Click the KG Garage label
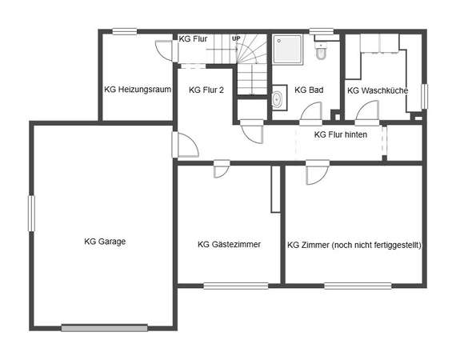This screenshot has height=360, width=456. coord(105,242)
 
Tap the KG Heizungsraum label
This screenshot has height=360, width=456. coord(138,90)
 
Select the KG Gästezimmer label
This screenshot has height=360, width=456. coord(229,244)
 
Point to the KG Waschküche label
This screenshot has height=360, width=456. coord(378,90)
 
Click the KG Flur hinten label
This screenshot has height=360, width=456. coord(341,134)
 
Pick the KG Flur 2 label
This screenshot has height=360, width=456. coord(206,90)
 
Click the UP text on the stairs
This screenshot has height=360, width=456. coord(236,38)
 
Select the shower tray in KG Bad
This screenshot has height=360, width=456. coord(288,50)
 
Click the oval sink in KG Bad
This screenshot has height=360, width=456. coord(277,99)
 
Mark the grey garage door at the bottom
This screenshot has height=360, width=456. coord(105,328)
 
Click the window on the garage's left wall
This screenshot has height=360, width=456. coord(31,214)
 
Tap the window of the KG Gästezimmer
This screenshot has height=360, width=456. coord(236,286)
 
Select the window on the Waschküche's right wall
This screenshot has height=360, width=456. coord(425,97)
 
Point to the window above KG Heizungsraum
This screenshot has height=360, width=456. coord(125,31)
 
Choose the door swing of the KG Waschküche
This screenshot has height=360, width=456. coord(367,110)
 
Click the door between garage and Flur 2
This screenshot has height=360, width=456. coord(186,145)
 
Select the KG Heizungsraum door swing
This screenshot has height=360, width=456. coord(164,50)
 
